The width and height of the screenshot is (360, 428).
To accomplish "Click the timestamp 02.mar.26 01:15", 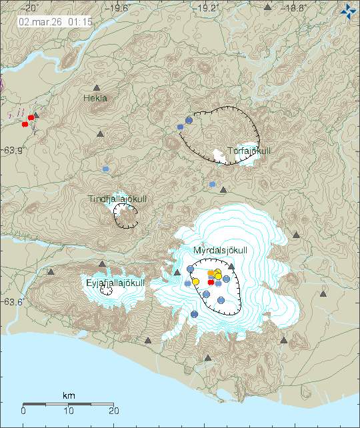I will [46, 21].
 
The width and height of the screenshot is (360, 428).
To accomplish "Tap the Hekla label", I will [95, 98].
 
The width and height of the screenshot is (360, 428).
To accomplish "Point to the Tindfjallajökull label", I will [118, 199].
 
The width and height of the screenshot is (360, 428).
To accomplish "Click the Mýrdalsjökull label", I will [220, 250].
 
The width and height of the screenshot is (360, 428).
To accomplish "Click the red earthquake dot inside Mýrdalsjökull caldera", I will [211, 282].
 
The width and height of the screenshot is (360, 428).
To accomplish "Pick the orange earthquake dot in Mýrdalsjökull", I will [211, 273].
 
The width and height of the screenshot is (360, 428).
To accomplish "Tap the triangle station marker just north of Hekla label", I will [97, 87].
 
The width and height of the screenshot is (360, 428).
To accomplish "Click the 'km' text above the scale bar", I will [69, 396].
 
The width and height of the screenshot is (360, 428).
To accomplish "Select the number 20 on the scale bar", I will [114, 411].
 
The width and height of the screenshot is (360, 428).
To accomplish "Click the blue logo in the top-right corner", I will [347, 11].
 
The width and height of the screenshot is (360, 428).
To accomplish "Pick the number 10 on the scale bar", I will [69, 411].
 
